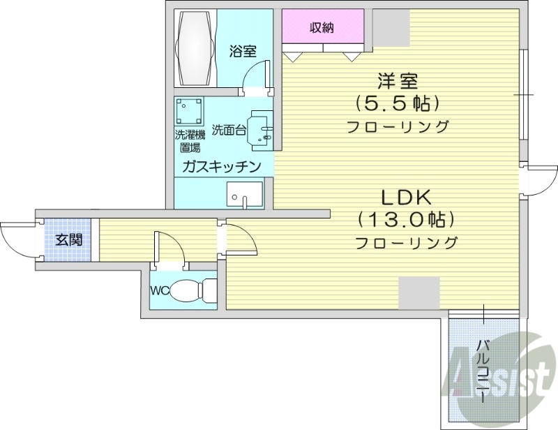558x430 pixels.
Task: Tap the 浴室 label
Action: [x=243, y=51]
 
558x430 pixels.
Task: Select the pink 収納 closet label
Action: [x=322, y=27]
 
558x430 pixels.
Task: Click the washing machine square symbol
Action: [x=189, y=111]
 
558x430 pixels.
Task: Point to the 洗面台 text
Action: [x=229, y=130]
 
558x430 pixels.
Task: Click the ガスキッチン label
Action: [x=222, y=166]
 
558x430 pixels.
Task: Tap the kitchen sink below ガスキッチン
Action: [x=245, y=195]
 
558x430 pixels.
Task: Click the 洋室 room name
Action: [x=398, y=81]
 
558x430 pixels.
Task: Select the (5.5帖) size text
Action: [x=397, y=104]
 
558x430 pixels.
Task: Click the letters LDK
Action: [x=406, y=198]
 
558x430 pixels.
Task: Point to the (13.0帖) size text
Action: [x=406, y=219]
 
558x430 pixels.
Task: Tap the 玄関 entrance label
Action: [x=68, y=240]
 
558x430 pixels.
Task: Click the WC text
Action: [x=160, y=290]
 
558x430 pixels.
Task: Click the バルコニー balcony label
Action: [x=483, y=371]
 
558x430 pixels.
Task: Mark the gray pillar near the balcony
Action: [x=419, y=292]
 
